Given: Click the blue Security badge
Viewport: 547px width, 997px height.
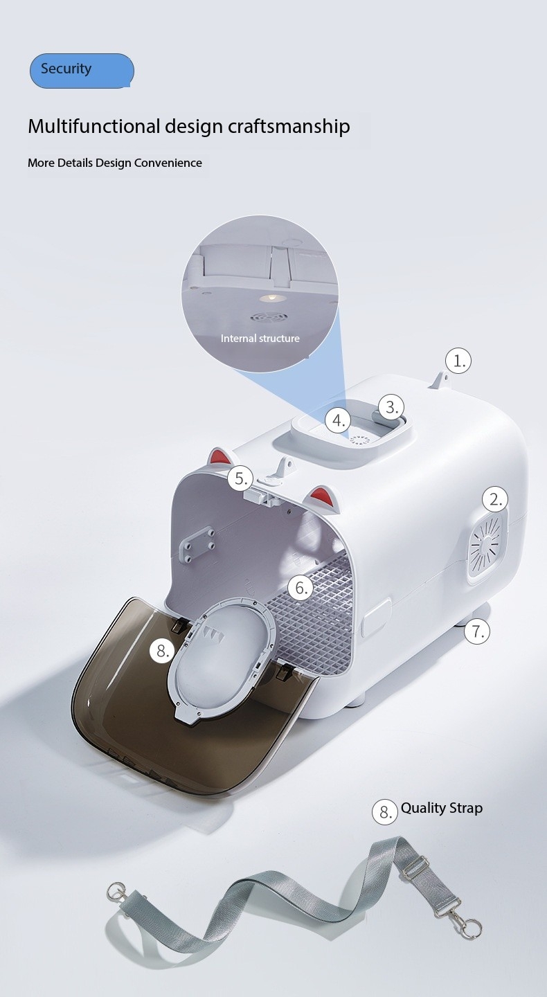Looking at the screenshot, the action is (x=82, y=71).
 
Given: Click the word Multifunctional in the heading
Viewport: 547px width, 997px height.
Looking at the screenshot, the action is (x=93, y=126).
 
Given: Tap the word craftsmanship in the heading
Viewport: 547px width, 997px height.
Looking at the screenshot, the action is (x=289, y=127).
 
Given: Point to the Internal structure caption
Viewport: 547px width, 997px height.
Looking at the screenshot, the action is (x=260, y=339).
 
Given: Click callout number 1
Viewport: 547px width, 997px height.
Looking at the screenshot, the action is (x=458, y=361).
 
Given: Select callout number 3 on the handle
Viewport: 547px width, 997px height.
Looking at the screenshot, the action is (x=391, y=407).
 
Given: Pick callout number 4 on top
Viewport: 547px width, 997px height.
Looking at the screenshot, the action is (x=338, y=420).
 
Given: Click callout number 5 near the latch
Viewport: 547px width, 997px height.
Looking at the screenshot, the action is (x=240, y=479).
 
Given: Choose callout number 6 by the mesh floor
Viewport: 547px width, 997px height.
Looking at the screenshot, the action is (x=301, y=588).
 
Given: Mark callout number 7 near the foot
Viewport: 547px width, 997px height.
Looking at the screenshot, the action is (x=477, y=631).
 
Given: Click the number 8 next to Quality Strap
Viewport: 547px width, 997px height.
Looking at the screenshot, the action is (x=384, y=812).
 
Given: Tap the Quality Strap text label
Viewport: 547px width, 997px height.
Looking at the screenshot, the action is (x=442, y=808).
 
